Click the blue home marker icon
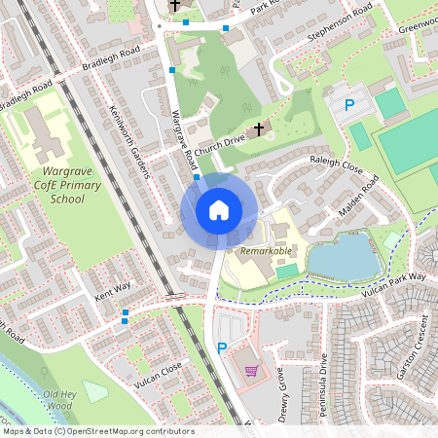(x=219, y=209)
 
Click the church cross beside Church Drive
(x=259, y=128)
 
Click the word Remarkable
(x=266, y=251)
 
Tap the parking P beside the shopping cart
(x=222, y=347)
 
